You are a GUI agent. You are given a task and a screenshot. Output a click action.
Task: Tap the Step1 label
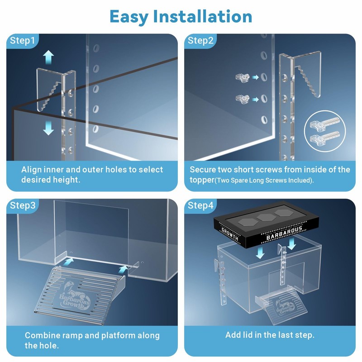(x=22, y=41)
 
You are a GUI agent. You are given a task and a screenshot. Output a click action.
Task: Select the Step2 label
(x=200, y=41)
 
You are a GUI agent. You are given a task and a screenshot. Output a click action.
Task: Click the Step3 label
(x=23, y=205)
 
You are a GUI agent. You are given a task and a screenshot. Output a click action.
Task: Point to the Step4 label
(x=201, y=205)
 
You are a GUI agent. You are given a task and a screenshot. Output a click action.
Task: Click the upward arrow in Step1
(x=49, y=57)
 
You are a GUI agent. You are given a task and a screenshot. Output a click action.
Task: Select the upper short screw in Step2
(x=243, y=78)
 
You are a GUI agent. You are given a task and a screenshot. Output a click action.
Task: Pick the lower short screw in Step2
(x=243, y=98)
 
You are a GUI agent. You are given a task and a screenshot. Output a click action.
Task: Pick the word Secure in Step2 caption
(x=203, y=170)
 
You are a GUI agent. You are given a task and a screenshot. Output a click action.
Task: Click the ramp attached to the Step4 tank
(x=273, y=306)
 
